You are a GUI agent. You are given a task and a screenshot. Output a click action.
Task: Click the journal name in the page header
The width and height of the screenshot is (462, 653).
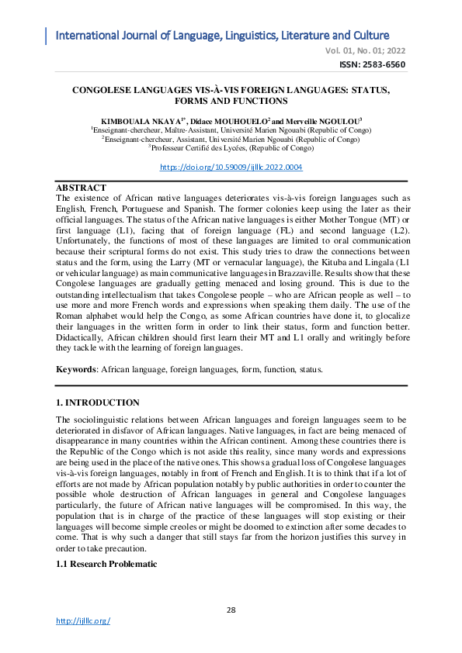click(x=222, y=36)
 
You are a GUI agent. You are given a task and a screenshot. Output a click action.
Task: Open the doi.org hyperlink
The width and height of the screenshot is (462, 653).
click(x=231, y=167)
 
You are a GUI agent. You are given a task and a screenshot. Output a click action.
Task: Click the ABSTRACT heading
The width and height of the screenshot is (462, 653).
click(x=82, y=188)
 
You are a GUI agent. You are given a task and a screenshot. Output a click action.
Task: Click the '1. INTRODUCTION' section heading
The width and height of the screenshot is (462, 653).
click(x=98, y=403)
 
